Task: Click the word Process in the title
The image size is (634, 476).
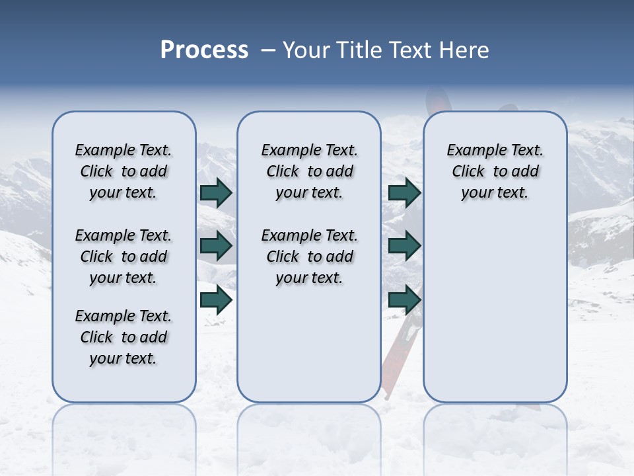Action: coord(204,50)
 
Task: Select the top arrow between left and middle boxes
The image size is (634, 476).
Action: coord(216,192)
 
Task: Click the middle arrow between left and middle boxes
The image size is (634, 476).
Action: coord(216,246)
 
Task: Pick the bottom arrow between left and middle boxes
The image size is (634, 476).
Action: coord(216,300)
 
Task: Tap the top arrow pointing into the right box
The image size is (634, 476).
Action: coord(404,192)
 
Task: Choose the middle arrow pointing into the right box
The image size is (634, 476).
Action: coord(404,246)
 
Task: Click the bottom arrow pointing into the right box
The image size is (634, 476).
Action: coord(404,300)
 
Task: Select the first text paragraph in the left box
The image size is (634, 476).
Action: coord(123,171)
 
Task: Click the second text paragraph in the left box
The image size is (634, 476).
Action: coord(123,257)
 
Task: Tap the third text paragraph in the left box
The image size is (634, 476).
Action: coord(123,337)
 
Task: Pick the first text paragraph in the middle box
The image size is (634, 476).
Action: coord(310,171)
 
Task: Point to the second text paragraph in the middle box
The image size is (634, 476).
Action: coord(310,257)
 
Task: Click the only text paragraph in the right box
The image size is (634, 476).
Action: coord(495,171)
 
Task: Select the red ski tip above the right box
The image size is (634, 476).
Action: coord(437,100)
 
